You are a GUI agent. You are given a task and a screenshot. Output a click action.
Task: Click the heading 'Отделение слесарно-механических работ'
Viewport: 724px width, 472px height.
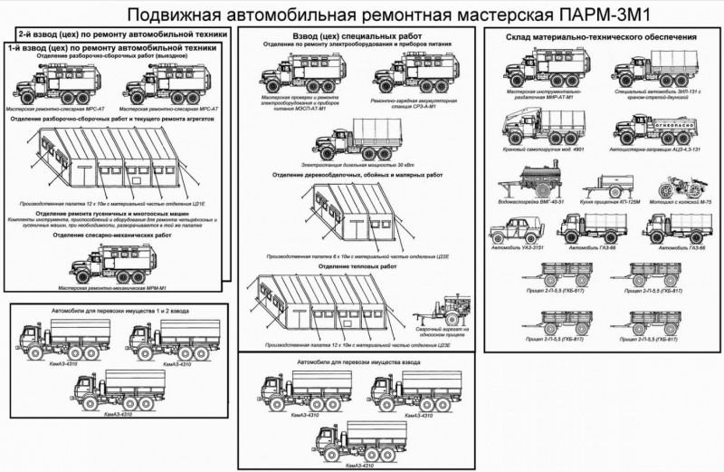pyautogui.click(x=113, y=235)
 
